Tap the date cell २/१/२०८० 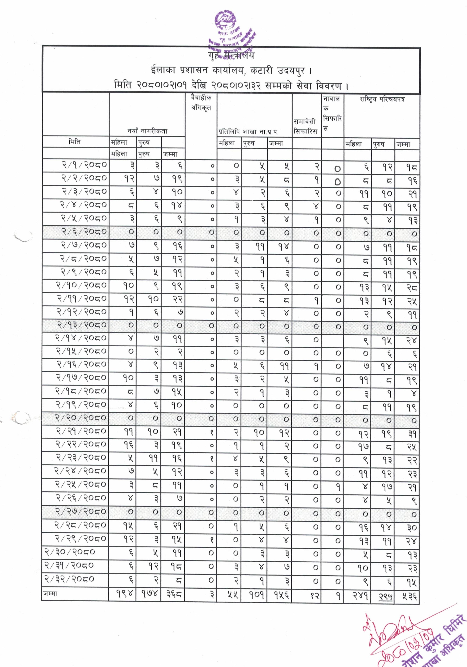(84, 165)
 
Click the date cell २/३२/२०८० (69, 579)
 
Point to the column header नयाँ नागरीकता (147, 131)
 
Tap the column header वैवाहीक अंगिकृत (201, 103)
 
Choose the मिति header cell (75, 142)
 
